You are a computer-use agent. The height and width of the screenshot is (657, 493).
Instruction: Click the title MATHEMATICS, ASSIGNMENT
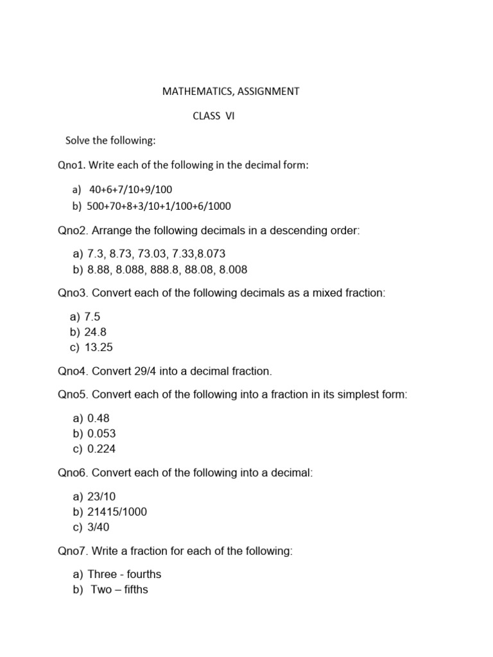point(230,91)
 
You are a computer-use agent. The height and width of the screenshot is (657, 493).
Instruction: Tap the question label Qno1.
point(71,165)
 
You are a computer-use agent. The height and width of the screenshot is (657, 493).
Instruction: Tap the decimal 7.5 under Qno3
point(92,316)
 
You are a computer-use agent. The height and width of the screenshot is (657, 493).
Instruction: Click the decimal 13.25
point(99,347)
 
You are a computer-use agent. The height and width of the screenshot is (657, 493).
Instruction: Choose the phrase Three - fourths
point(125,574)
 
